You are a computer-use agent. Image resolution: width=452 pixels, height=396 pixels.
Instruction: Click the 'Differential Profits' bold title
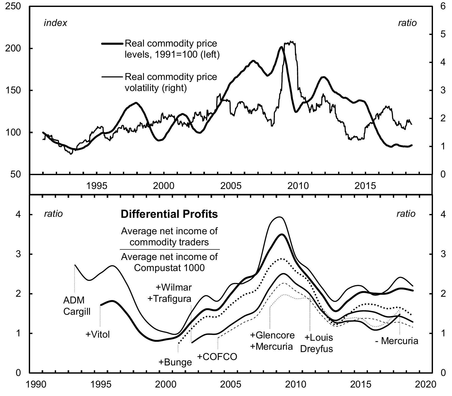(169, 214)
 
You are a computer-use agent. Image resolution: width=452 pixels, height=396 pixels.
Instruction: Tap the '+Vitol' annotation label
(97, 335)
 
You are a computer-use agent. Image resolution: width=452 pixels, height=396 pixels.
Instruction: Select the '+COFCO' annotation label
(217, 357)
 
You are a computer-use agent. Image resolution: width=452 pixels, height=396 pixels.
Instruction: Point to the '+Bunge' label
(175, 362)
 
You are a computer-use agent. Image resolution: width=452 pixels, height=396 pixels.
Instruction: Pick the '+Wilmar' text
(174, 287)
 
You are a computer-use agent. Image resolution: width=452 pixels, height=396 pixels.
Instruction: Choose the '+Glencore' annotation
(272, 335)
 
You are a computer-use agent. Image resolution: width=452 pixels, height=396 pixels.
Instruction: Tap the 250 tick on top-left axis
(13, 6)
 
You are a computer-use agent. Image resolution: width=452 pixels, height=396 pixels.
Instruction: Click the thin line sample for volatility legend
(112, 77)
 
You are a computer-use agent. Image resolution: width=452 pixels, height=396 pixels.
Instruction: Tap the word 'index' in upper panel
(56, 23)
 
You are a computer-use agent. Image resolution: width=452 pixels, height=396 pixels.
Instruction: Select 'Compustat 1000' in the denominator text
(169, 268)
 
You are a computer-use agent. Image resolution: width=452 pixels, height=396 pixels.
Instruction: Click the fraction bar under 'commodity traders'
(169, 249)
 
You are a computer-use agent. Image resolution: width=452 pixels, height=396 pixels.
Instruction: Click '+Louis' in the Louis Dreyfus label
(319, 337)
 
